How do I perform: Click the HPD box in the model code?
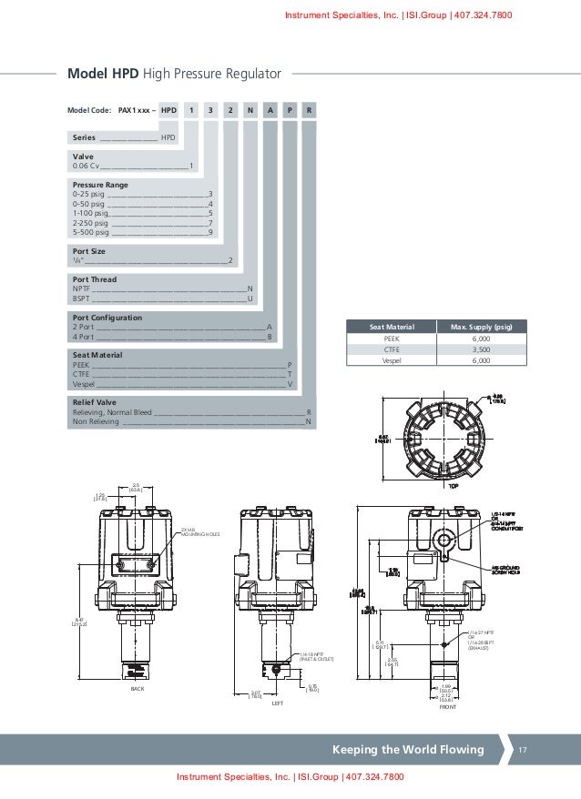click(x=168, y=110)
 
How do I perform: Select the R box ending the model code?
click(x=310, y=110)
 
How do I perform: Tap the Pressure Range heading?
click(x=100, y=184)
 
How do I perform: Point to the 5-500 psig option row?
click(x=142, y=232)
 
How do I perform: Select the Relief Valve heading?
click(x=94, y=401)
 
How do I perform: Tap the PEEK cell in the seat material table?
click(x=392, y=338)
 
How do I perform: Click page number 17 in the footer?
click(x=523, y=750)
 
